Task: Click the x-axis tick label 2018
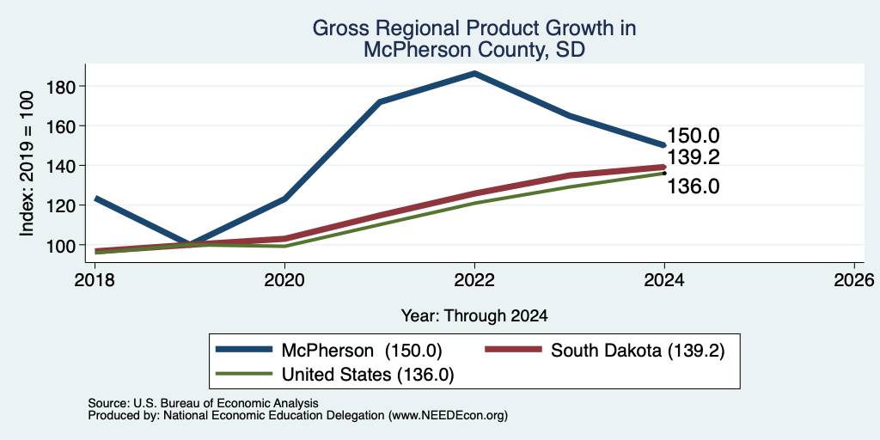[x=95, y=280]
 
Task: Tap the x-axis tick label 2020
[x=285, y=280]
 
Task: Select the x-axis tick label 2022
[x=474, y=280]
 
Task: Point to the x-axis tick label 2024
[x=664, y=280]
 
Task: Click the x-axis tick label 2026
[x=854, y=280]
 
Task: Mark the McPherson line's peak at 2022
[x=474, y=73]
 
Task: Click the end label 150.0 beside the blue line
[x=694, y=136]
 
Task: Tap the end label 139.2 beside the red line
[x=694, y=157]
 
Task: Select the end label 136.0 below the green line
[x=694, y=186]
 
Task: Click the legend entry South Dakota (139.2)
[x=605, y=351]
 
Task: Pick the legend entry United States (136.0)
[x=334, y=375]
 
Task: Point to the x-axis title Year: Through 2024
[x=474, y=316]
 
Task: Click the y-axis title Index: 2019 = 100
[x=27, y=163]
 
